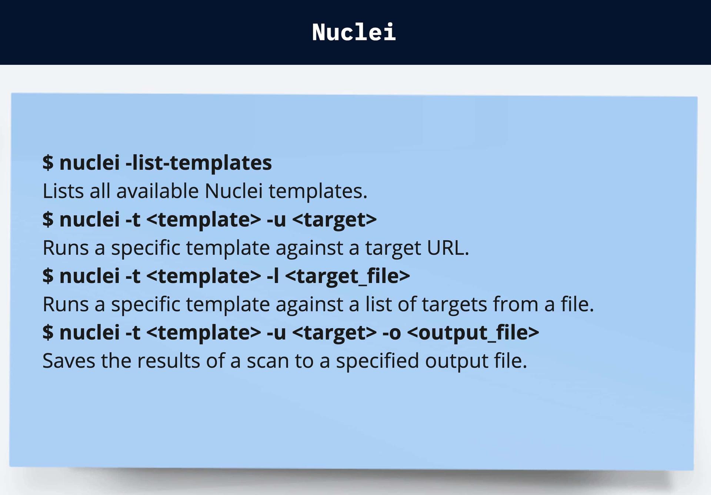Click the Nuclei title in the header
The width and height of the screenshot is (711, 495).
pos(354,32)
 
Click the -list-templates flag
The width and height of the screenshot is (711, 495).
pos(199,163)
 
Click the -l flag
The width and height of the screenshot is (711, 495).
pos(273,276)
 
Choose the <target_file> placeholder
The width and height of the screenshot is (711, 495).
pos(348,276)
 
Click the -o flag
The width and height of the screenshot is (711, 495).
pos(392,332)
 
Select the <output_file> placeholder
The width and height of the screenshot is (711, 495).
pos(473,332)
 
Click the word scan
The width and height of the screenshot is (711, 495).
pos(268,361)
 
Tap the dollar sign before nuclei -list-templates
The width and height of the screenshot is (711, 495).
pos(48,163)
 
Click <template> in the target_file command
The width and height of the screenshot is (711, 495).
pos(204,276)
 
